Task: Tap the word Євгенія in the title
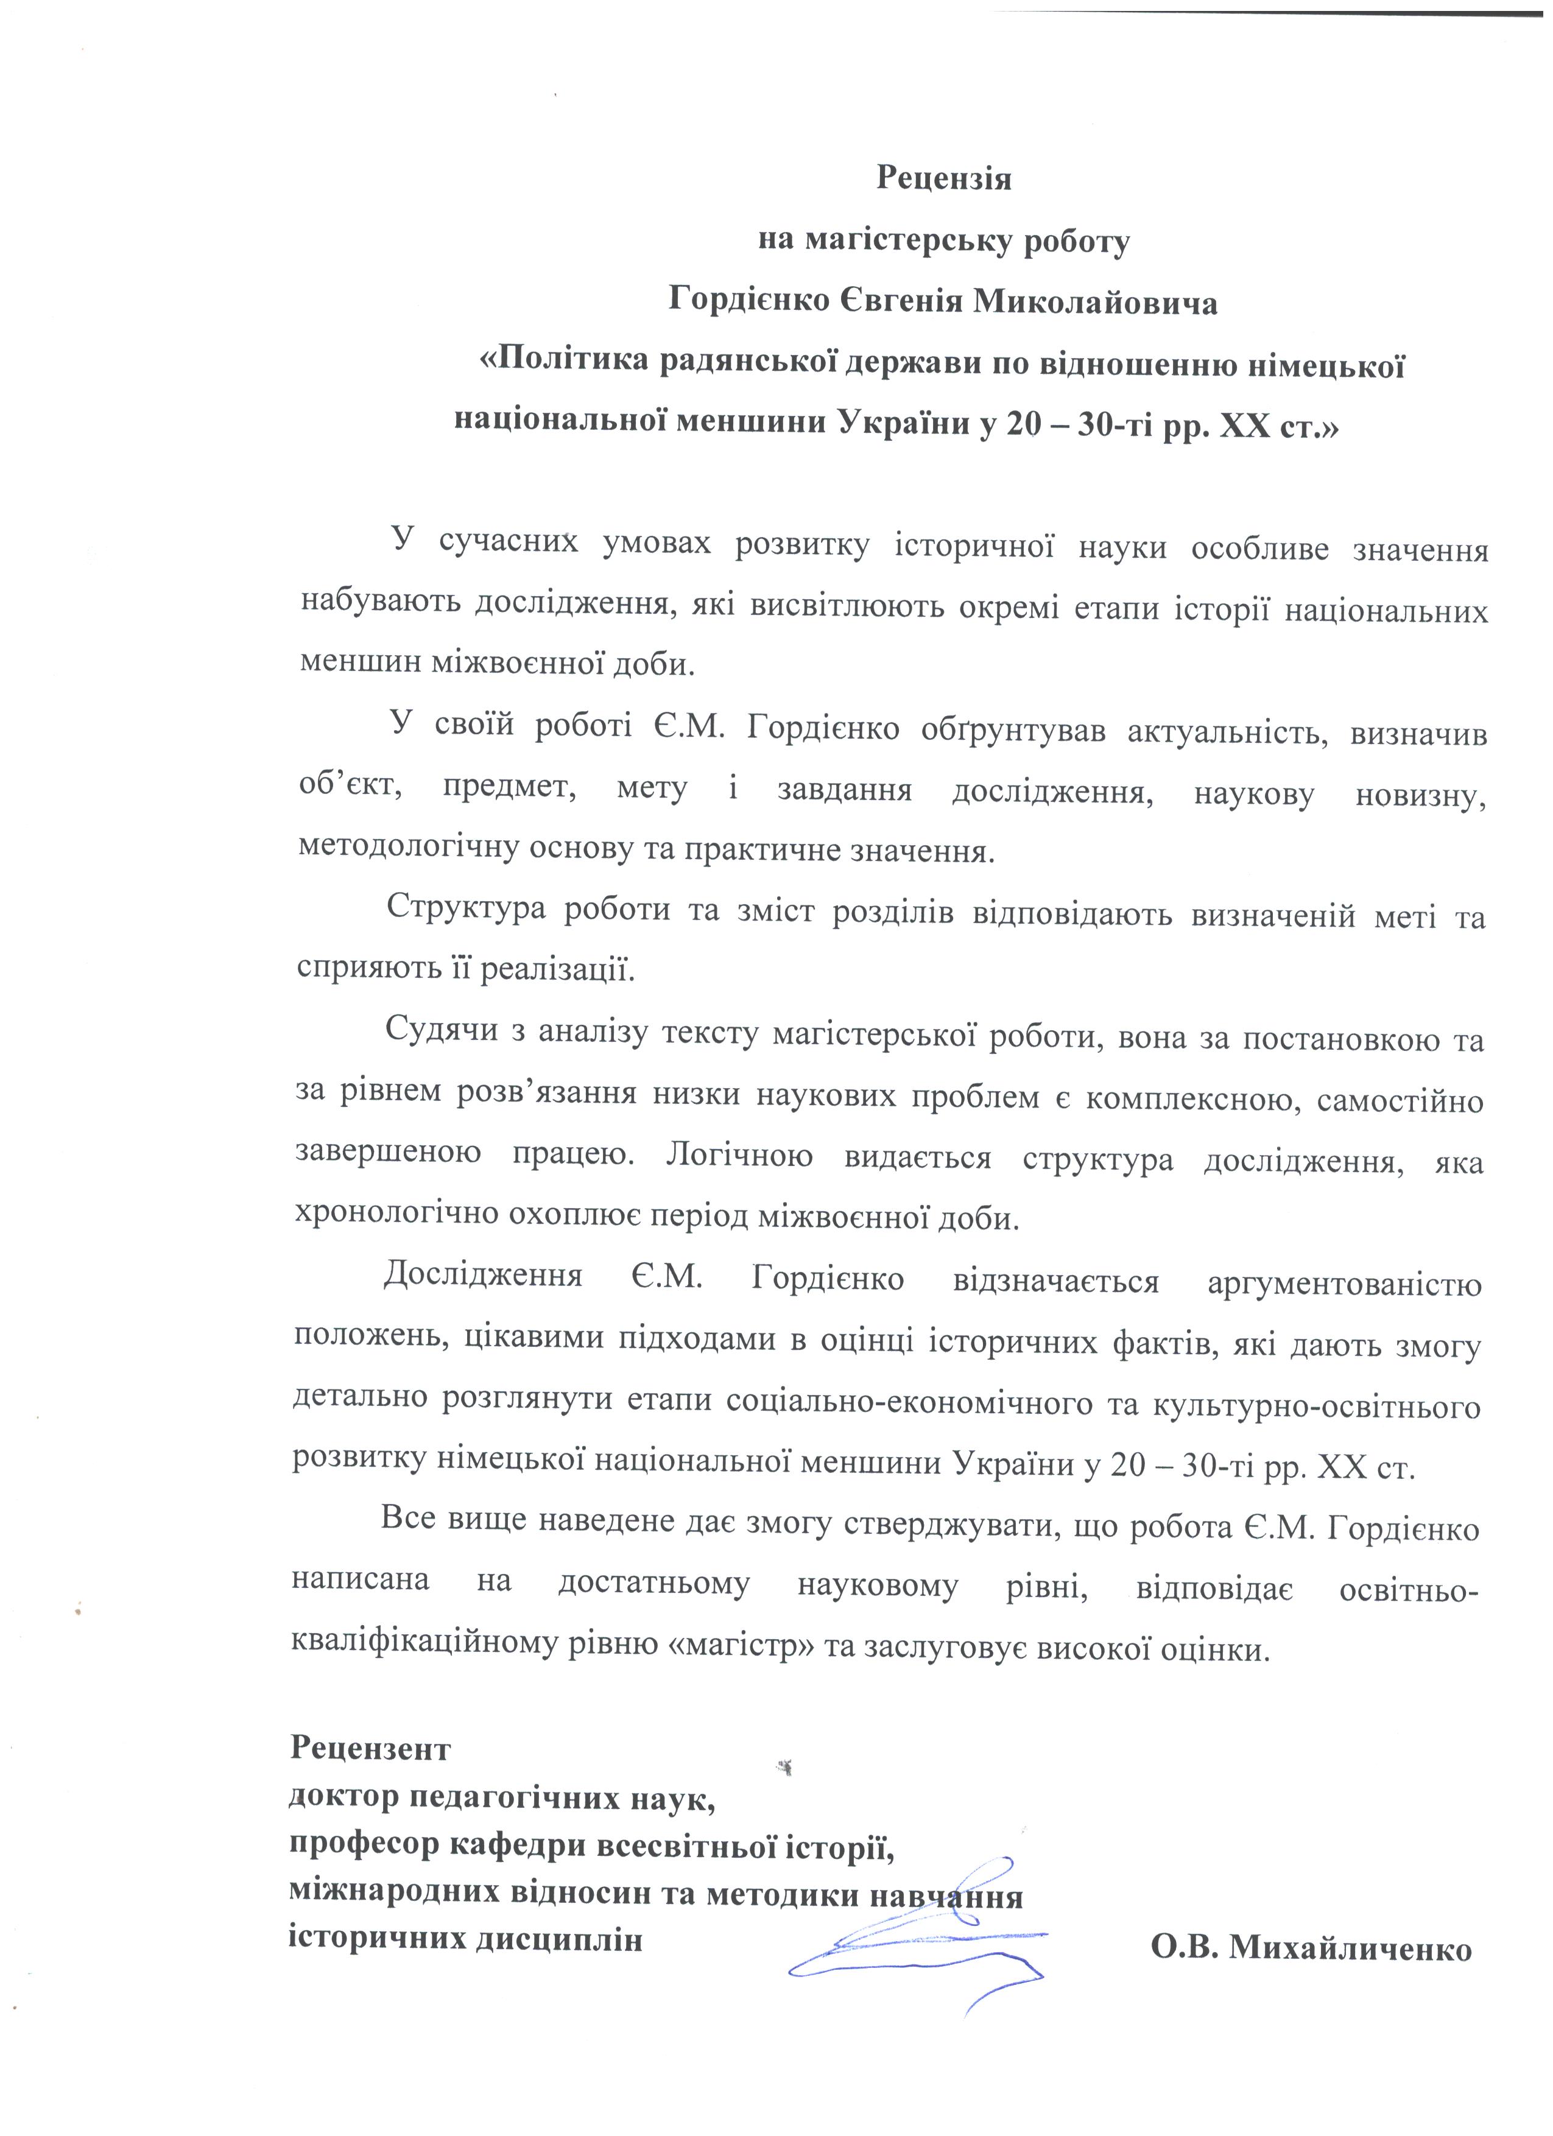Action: pyautogui.click(x=901, y=303)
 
